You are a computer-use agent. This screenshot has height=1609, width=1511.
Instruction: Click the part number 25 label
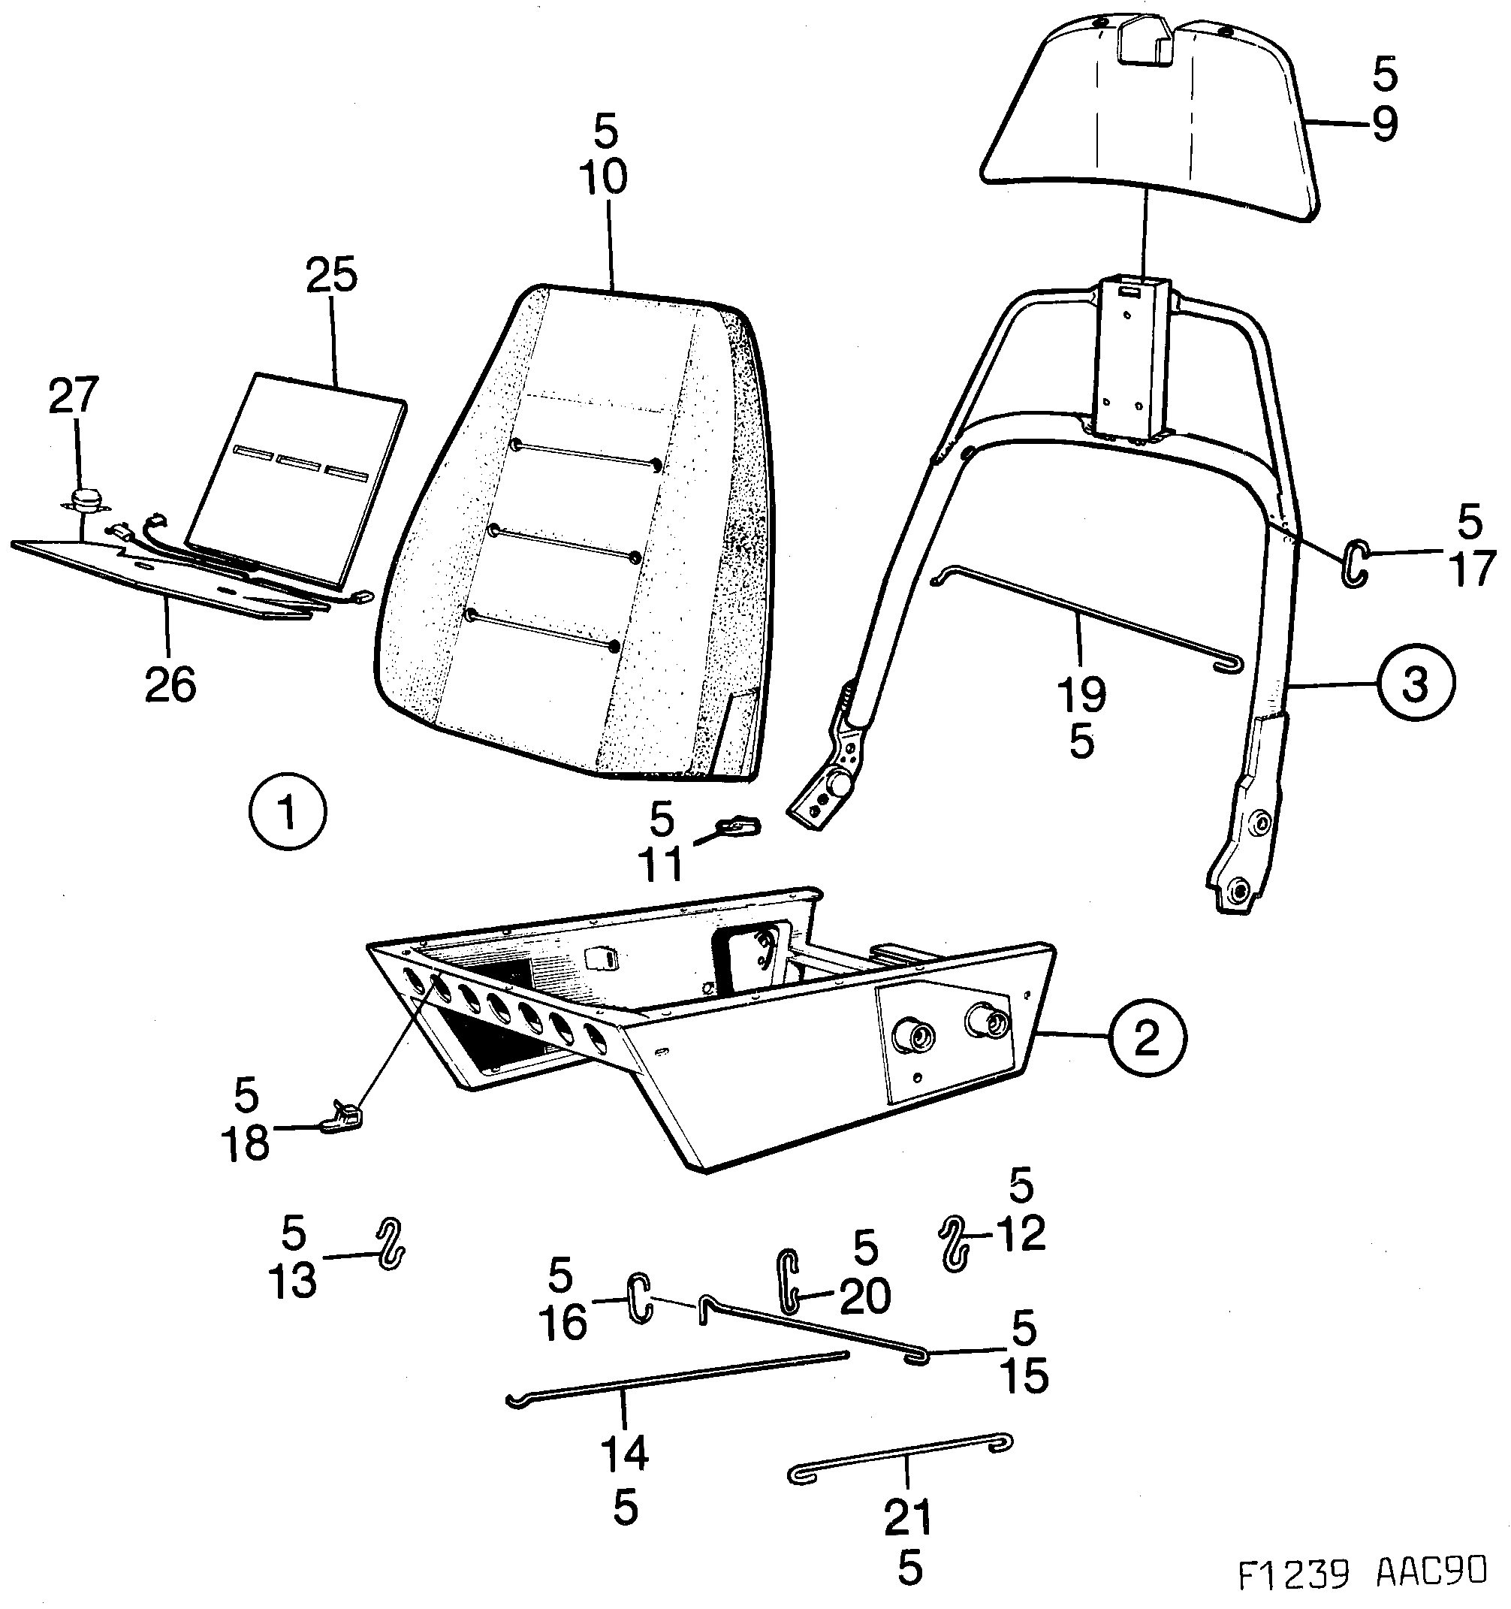pyautogui.click(x=332, y=276)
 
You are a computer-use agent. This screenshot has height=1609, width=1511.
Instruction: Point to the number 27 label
pyautogui.click(x=74, y=395)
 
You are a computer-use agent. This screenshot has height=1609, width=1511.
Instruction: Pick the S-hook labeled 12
pyautogui.click(x=955, y=1244)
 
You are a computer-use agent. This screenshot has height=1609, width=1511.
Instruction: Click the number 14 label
pyautogui.click(x=624, y=1453)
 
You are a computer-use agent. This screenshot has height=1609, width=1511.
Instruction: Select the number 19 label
pyautogui.click(x=1081, y=693)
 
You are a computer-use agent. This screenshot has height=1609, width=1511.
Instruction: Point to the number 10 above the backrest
pyautogui.click(x=603, y=177)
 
